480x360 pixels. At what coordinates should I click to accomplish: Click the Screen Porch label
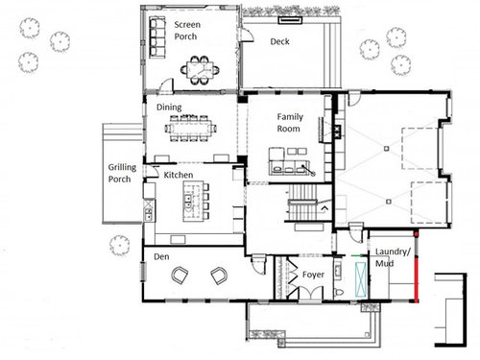pyautogui.click(x=187, y=31)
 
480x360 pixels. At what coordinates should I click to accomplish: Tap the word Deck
pyautogui.click(x=280, y=41)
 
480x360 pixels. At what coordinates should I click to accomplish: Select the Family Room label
pyautogui.click(x=290, y=123)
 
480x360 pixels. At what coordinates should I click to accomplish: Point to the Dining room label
pyautogui.click(x=169, y=108)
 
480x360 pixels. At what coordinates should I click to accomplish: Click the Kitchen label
pyautogui.click(x=179, y=175)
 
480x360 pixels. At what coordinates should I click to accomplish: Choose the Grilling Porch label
pyautogui.click(x=122, y=173)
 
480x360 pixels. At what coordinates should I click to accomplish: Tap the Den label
pyautogui.click(x=161, y=256)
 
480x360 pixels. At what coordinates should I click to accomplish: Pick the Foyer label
pyautogui.click(x=313, y=275)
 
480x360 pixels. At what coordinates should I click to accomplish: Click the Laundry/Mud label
pyautogui.click(x=393, y=257)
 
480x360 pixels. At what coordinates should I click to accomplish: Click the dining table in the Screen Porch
pyautogui.click(x=200, y=70)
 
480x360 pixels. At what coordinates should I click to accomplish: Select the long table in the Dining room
pyautogui.click(x=191, y=129)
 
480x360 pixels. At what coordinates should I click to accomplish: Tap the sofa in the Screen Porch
pyautogui.click(x=157, y=37)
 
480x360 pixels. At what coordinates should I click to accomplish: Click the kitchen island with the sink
pyautogui.click(x=193, y=202)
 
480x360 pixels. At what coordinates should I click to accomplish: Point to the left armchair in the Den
pyautogui.click(x=180, y=276)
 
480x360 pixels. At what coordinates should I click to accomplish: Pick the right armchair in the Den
pyautogui.click(x=219, y=276)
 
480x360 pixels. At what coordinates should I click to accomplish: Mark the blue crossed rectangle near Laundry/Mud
pyautogui.click(x=361, y=279)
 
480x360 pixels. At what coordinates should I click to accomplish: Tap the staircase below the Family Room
pyautogui.click(x=302, y=204)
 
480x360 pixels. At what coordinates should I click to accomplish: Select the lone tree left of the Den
pyautogui.click(x=119, y=245)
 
